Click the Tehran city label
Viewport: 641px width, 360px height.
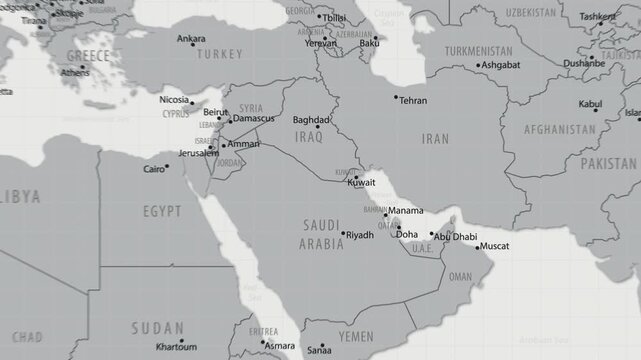click(413, 101)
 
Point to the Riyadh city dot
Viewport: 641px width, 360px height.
click(343, 235)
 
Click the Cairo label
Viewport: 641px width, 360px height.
click(154, 170)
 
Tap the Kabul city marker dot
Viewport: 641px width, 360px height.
click(596, 111)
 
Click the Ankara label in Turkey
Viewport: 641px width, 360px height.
click(191, 39)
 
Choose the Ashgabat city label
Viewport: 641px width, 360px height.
click(500, 65)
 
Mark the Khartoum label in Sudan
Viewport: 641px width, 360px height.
click(176, 347)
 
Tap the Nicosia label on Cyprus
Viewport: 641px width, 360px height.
click(174, 101)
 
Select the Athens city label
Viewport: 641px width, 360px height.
click(74, 72)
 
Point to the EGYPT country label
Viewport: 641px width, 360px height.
click(162, 212)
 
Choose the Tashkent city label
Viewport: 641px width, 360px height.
click(598, 17)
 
